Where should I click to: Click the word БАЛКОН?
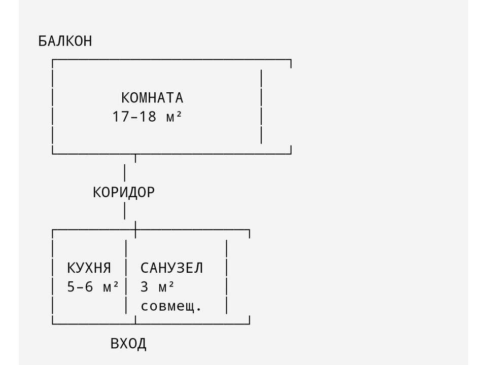[x=65, y=41]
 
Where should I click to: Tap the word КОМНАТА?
[x=152, y=98]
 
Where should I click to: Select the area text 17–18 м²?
[x=147, y=117]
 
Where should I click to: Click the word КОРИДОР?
[x=124, y=193]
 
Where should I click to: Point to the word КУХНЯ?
[x=89, y=268]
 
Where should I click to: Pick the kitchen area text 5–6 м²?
[x=93, y=287]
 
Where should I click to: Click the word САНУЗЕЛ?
[x=171, y=268]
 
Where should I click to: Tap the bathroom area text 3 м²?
[x=157, y=287]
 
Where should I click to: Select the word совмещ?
[x=171, y=306]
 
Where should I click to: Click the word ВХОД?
[x=128, y=344]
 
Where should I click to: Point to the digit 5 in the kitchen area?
[x=72, y=287]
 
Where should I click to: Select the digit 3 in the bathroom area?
[x=145, y=287]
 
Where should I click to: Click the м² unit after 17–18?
[x=174, y=117]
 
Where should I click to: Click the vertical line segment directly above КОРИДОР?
[x=125, y=172]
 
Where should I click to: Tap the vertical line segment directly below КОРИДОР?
[x=125, y=211]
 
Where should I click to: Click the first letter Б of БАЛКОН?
[x=43, y=41]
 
